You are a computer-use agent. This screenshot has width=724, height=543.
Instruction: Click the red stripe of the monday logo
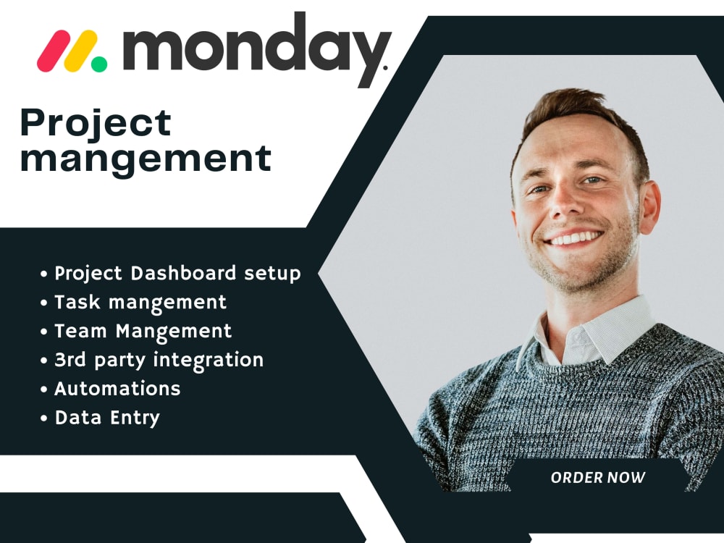coord(52,50)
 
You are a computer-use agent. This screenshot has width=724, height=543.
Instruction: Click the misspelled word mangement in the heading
coord(146,159)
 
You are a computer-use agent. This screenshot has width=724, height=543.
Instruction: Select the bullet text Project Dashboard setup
coord(177,274)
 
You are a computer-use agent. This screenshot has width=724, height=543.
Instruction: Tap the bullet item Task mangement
coord(140,302)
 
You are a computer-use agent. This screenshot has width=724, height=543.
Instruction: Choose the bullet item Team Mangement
coord(143,331)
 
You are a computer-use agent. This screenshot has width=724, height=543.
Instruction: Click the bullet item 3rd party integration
coord(159,360)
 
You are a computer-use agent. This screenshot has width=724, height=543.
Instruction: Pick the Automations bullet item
coord(117,389)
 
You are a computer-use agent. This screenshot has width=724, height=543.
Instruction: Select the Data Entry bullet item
coord(107,418)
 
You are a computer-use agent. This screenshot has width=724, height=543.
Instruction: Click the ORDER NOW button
coord(598,478)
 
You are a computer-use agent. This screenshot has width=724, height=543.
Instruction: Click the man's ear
coord(649,206)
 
